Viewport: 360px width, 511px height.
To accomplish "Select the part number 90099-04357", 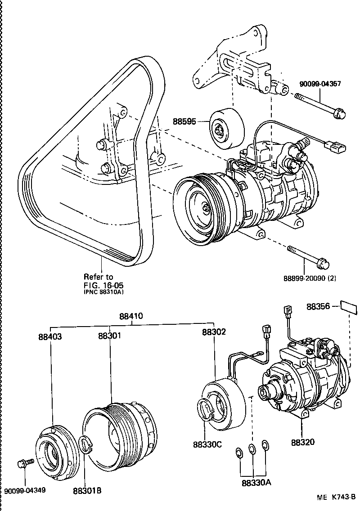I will (x=320, y=84).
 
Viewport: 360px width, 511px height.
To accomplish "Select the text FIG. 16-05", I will (x=103, y=285).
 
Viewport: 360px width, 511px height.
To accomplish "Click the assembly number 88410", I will (x=131, y=316).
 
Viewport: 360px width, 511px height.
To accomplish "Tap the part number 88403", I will (x=50, y=336).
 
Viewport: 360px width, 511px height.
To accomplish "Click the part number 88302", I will (x=214, y=332).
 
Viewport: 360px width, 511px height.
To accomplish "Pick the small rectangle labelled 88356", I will (x=349, y=307).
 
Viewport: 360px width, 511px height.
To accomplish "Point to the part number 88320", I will (x=302, y=442).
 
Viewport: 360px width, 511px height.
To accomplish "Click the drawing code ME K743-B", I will (x=336, y=497).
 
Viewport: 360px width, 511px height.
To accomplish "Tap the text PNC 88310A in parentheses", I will (x=103, y=292).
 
